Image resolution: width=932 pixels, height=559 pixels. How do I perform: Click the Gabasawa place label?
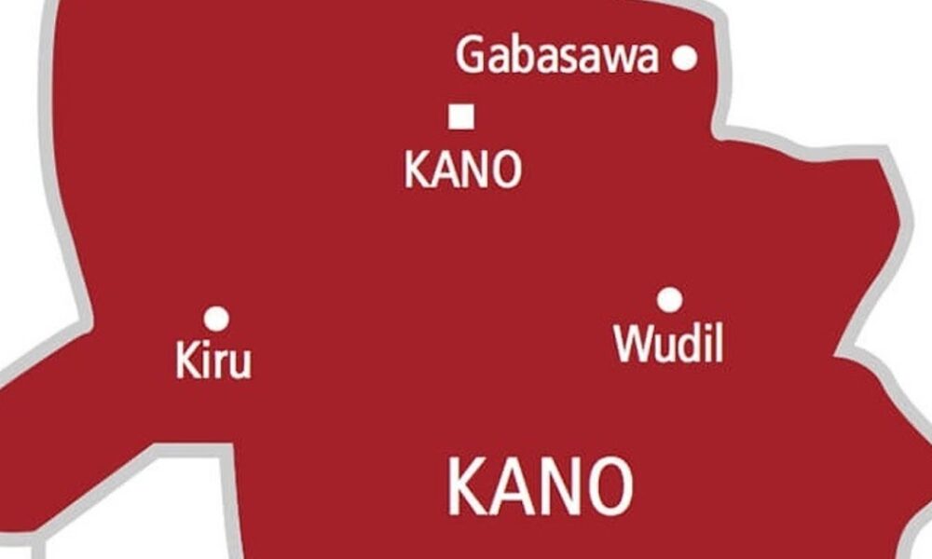(557, 58)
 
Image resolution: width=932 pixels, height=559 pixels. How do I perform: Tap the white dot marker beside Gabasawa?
(685, 59)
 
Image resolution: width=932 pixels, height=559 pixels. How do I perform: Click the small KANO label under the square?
(462, 171)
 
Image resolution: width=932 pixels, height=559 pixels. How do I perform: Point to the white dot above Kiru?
(216, 320)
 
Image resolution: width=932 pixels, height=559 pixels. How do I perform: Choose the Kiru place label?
(213, 361)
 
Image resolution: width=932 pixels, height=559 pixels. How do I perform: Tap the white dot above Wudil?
(668, 300)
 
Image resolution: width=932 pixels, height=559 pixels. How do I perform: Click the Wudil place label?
(668, 345)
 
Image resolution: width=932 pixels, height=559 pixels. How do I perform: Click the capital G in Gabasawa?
(471, 58)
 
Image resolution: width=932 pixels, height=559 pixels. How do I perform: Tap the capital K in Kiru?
(185, 361)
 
